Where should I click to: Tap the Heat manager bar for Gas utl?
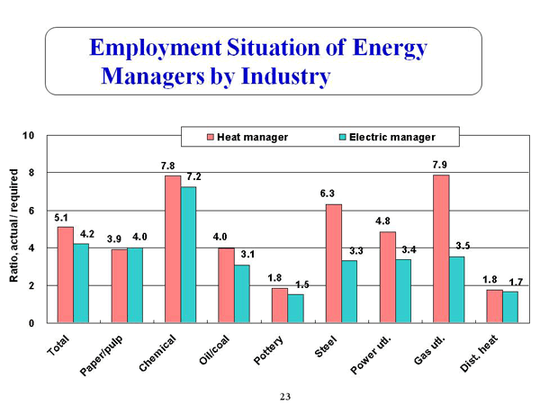coord(440,248)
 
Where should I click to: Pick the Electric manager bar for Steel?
coord(349,291)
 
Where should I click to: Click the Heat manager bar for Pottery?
coord(280,305)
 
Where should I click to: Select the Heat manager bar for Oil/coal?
coord(226,285)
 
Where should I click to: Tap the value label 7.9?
coord(440,165)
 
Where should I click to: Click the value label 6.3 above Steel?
coord(333,194)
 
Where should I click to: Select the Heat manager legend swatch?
coord(211,137)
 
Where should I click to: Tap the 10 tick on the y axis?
coord(30,136)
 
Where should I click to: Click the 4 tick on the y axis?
coord(31,248)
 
